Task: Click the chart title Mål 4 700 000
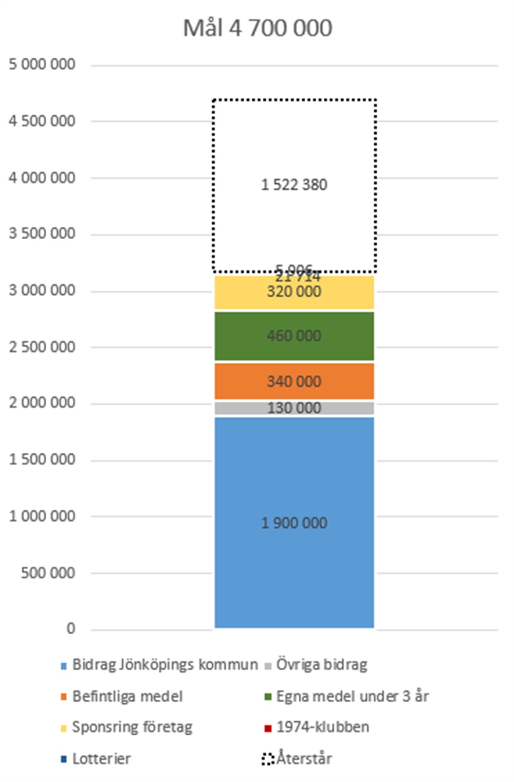pyautogui.click(x=258, y=28)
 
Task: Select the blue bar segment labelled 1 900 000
pyautogui.click(x=294, y=566)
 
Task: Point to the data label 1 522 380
pyautogui.click(x=294, y=185)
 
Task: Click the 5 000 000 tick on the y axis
pyautogui.click(x=42, y=64)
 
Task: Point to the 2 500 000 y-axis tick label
pyautogui.click(x=42, y=347)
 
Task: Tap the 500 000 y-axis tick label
pyautogui.click(x=48, y=573)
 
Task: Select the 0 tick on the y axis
pyautogui.click(x=70, y=629)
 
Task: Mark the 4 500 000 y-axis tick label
pyautogui.click(x=42, y=121)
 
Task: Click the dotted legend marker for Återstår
pyautogui.click(x=267, y=759)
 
